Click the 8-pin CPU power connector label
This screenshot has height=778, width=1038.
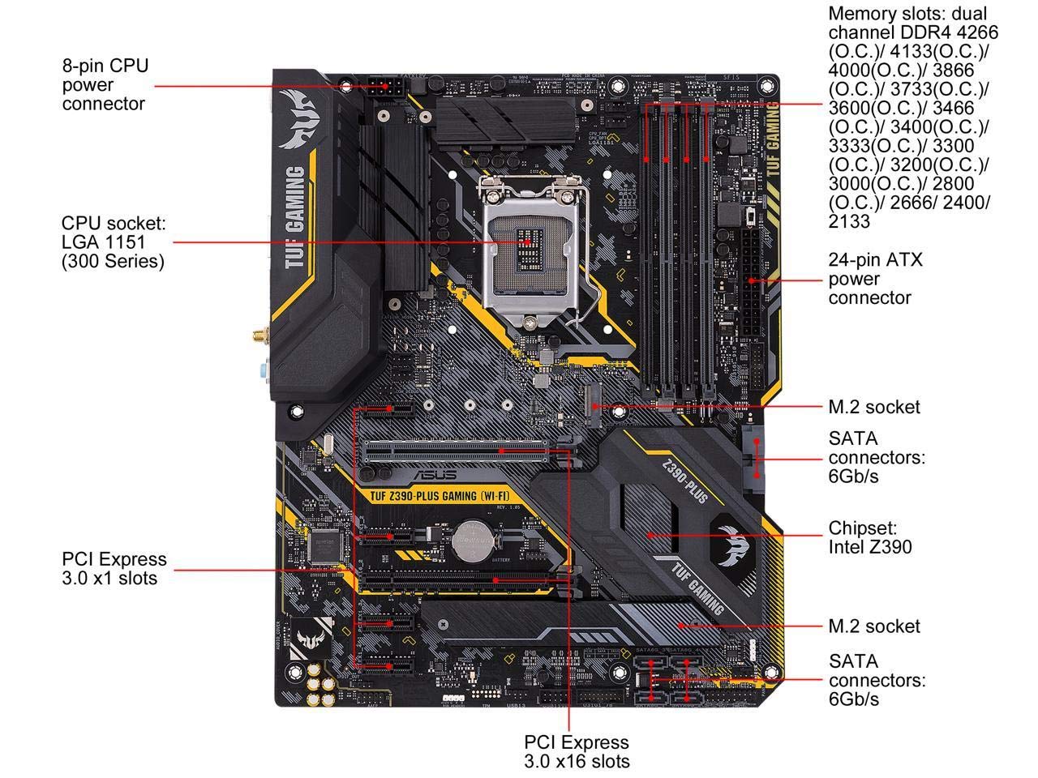tap(105, 84)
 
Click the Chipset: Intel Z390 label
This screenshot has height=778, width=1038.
tap(870, 536)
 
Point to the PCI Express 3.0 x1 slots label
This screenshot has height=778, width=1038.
tap(114, 568)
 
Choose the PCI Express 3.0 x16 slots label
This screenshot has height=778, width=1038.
tap(577, 751)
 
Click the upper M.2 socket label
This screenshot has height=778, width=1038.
tap(874, 406)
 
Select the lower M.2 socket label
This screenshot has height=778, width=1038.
tap(874, 626)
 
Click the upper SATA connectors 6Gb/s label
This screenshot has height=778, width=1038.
tap(876, 457)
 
